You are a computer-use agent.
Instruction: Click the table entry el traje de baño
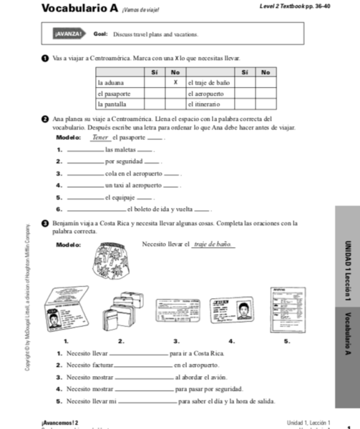click(208, 82)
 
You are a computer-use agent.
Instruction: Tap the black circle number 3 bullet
click(47, 224)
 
